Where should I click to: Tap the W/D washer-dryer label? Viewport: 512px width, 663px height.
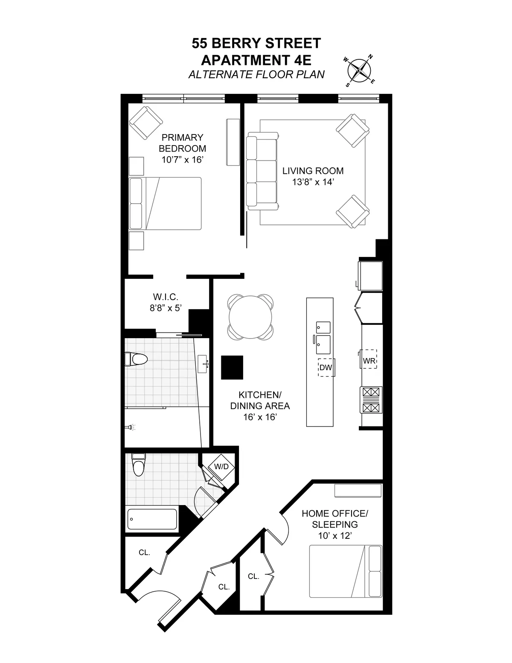click(x=221, y=467)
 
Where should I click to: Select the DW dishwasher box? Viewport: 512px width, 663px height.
click(x=326, y=367)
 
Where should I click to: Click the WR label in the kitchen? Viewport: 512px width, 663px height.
click(x=369, y=361)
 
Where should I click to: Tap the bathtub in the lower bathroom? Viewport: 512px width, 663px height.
click(x=152, y=519)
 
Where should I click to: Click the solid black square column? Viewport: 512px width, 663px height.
click(x=232, y=367)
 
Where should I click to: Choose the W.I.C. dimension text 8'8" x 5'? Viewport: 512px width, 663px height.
click(x=166, y=308)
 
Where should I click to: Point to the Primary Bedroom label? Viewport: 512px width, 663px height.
click(x=182, y=143)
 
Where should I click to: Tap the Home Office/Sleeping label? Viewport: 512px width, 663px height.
click(x=335, y=519)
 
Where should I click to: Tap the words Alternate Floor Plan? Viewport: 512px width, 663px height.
click(x=256, y=75)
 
